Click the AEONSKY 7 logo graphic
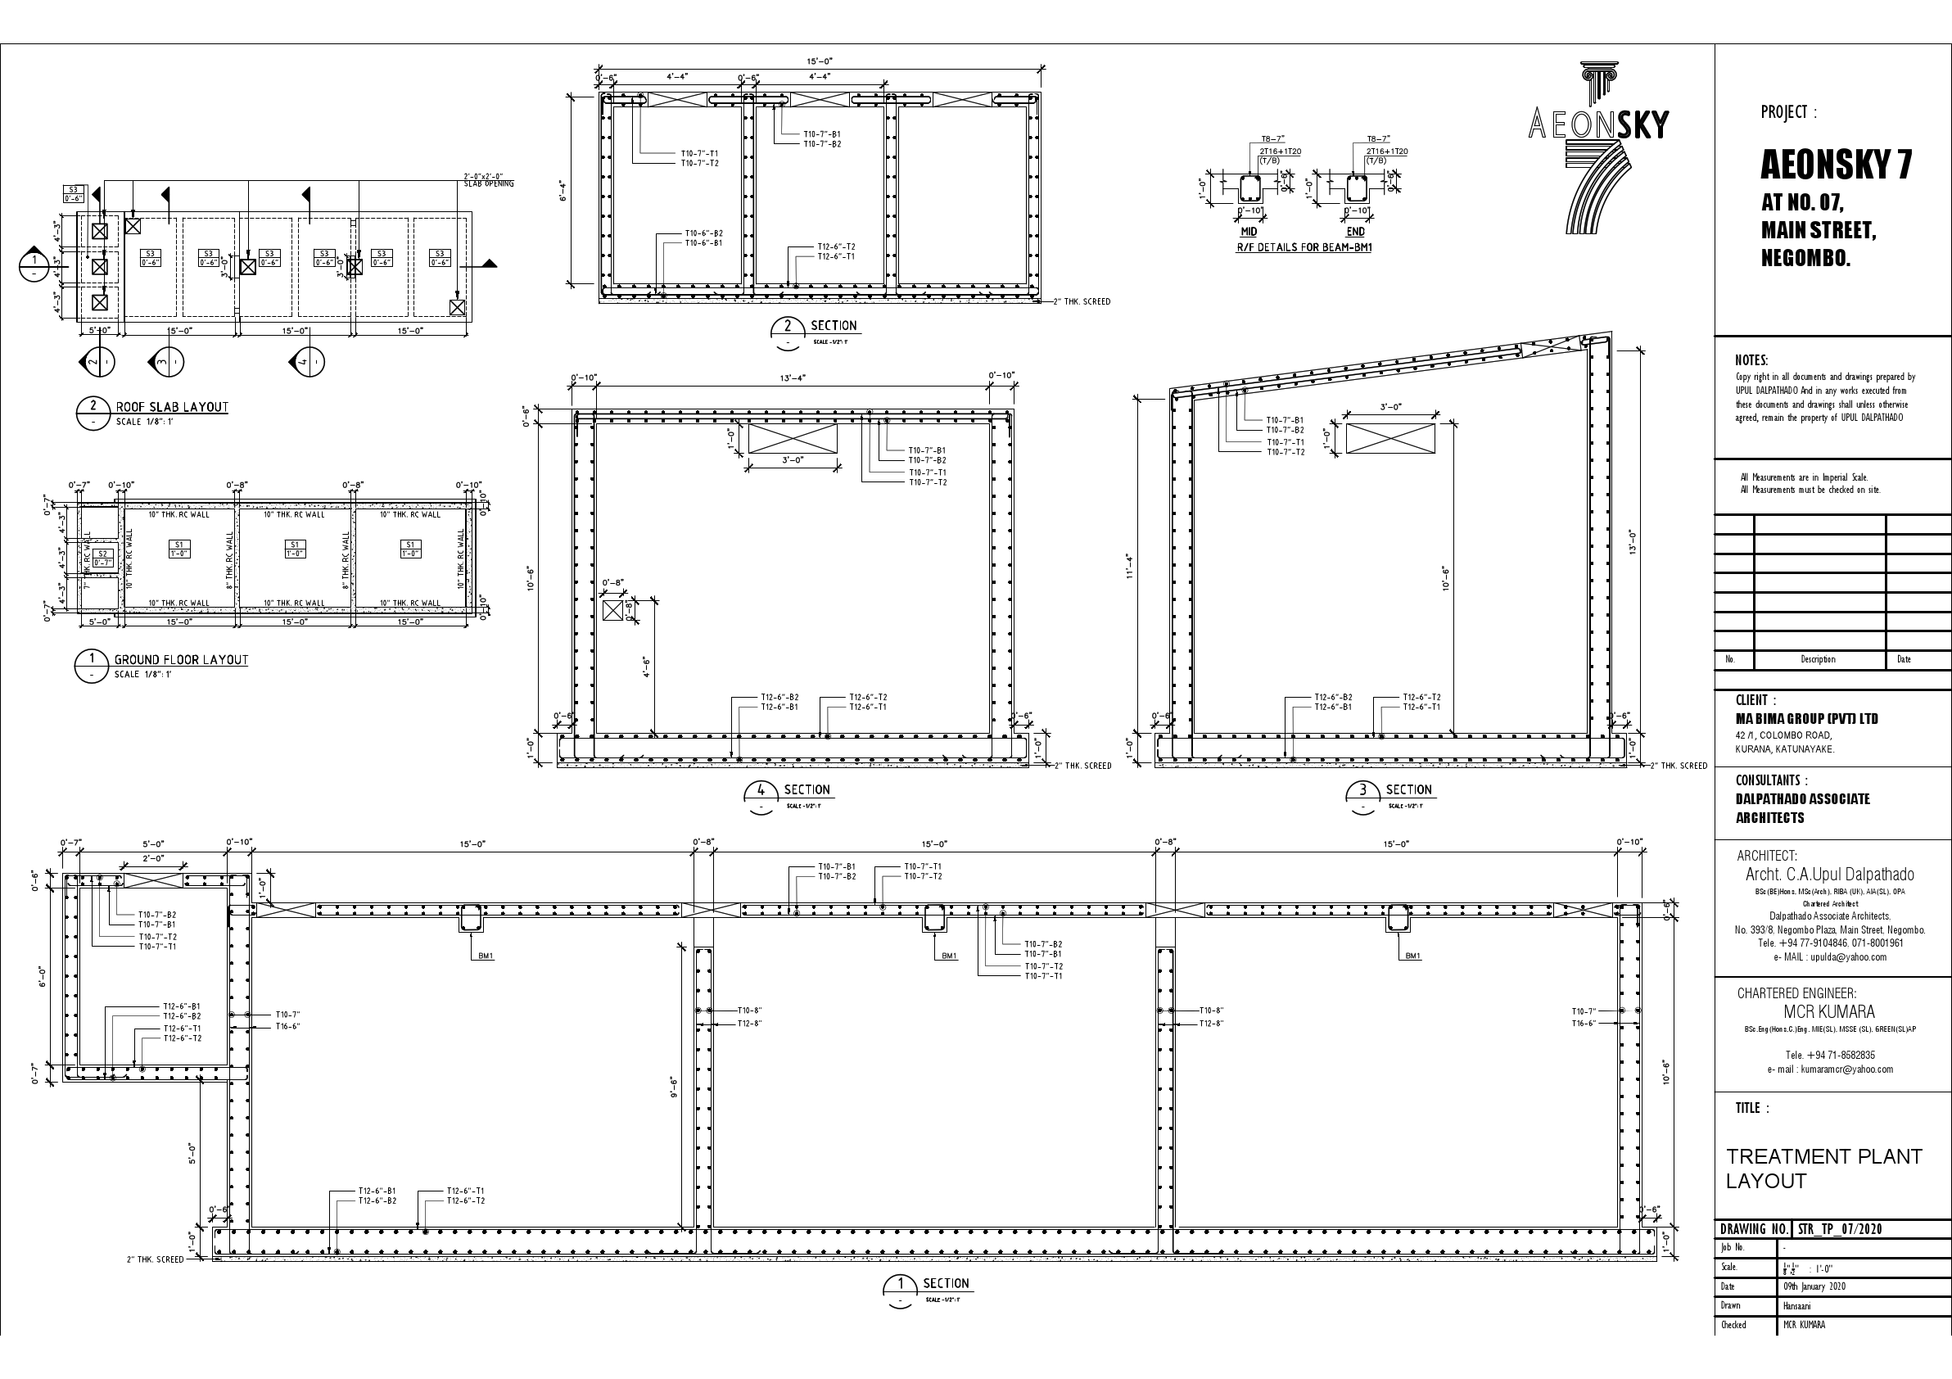tap(1598, 149)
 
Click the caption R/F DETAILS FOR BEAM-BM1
tap(1304, 247)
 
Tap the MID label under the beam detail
tap(1248, 231)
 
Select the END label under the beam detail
tap(1355, 231)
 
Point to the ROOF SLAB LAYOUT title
tap(172, 407)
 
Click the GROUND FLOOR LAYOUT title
tap(181, 660)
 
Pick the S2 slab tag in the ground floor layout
tap(103, 558)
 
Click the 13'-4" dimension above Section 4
tap(793, 378)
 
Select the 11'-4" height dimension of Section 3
tap(1129, 565)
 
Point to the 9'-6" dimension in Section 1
tap(672, 1087)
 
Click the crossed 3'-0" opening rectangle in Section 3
tap(1390, 439)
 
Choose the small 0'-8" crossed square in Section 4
tap(612, 610)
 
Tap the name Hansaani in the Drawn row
tap(1797, 1305)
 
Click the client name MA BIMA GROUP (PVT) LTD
tap(1806, 719)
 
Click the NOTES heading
tap(1751, 360)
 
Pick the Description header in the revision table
tap(1818, 660)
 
